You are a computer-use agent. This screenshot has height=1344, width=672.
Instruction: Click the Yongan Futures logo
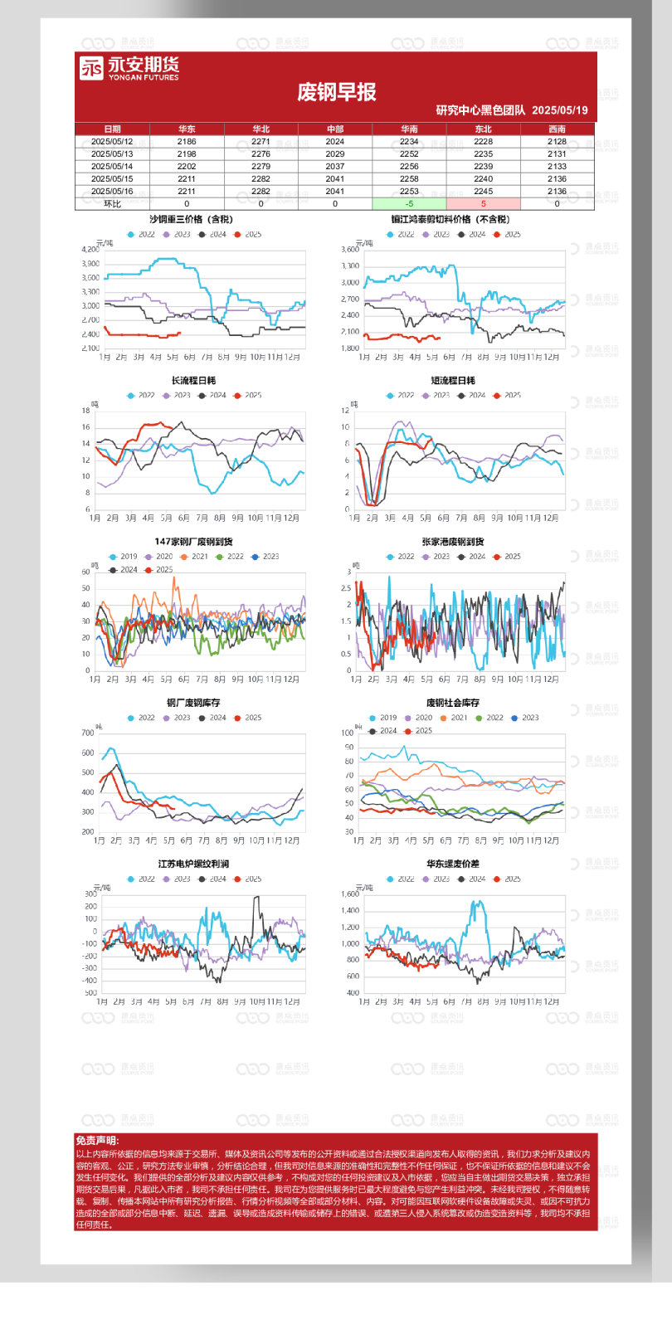[129, 68]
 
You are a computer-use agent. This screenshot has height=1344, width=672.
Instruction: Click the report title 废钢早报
[336, 92]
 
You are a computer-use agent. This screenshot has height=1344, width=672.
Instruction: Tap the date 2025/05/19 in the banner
[560, 110]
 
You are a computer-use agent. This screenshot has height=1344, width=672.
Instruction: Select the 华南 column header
[409, 129]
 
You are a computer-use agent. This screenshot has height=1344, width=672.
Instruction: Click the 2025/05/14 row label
[112, 166]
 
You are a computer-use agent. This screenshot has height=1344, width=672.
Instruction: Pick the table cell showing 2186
[187, 142]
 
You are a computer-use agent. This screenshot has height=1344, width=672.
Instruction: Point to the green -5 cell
[409, 203]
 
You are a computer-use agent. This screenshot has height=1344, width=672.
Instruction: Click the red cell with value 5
[483, 203]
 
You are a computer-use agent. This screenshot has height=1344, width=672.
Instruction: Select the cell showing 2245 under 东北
[483, 191]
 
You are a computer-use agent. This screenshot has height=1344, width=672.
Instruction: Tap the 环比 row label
[112, 203]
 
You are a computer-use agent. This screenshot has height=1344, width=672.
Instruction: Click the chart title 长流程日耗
[193, 381]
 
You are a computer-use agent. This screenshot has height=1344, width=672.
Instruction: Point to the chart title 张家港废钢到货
[452, 542]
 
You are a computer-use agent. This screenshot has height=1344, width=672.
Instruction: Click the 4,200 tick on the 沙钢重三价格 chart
[90, 250]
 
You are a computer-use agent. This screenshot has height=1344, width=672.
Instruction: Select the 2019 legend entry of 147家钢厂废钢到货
[124, 557]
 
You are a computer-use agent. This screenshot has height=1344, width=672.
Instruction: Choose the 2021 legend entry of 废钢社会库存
[455, 718]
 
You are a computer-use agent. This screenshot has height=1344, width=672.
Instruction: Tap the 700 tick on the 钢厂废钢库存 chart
[88, 733]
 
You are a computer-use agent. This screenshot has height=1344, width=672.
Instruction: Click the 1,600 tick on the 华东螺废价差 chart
[350, 894]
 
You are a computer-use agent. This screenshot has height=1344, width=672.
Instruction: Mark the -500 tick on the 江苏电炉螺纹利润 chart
[90, 992]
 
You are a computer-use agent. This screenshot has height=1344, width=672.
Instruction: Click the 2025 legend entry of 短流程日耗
[508, 395]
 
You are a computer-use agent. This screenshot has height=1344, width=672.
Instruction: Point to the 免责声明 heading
[97, 1141]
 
